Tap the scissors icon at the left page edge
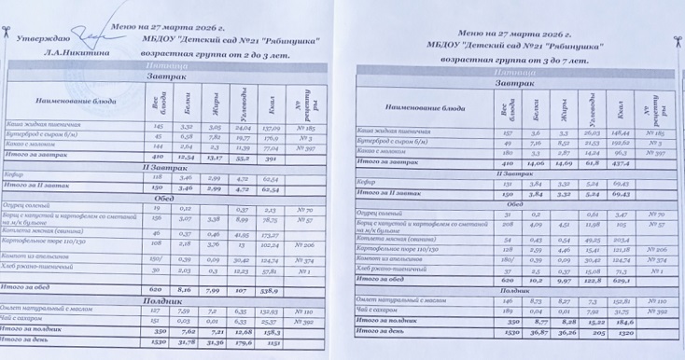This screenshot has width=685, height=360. pos(7,35)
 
